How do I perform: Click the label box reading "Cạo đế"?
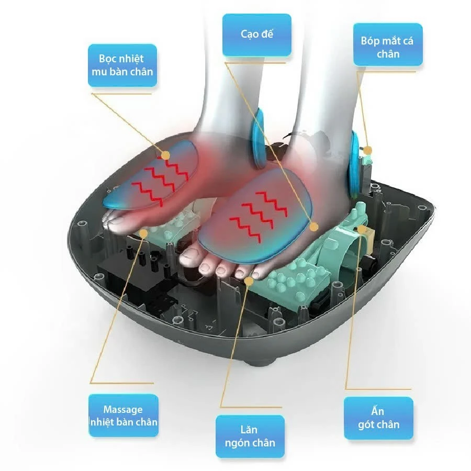(x=257, y=35)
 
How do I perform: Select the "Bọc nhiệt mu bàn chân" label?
(x=122, y=65)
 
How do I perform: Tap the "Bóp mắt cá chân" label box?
(x=388, y=44)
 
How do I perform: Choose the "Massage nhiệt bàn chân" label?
(x=124, y=416)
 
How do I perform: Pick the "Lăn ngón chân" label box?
(x=250, y=436)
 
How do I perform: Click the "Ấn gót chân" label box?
(x=378, y=418)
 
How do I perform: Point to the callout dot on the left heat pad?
(x=165, y=155)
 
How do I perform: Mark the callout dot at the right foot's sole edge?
(x=314, y=227)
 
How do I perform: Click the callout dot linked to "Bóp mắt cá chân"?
(x=368, y=150)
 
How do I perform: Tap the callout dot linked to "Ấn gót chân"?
(x=362, y=230)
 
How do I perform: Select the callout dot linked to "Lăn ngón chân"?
(x=249, y=281)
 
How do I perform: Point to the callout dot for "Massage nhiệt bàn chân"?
(x=143, y=233)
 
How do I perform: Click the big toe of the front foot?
(x=190, y=258)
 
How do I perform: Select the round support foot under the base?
(x=261, y=360)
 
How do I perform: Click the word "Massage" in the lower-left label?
(x=123, y=409)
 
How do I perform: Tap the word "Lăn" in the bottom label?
(x=249, y=430)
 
